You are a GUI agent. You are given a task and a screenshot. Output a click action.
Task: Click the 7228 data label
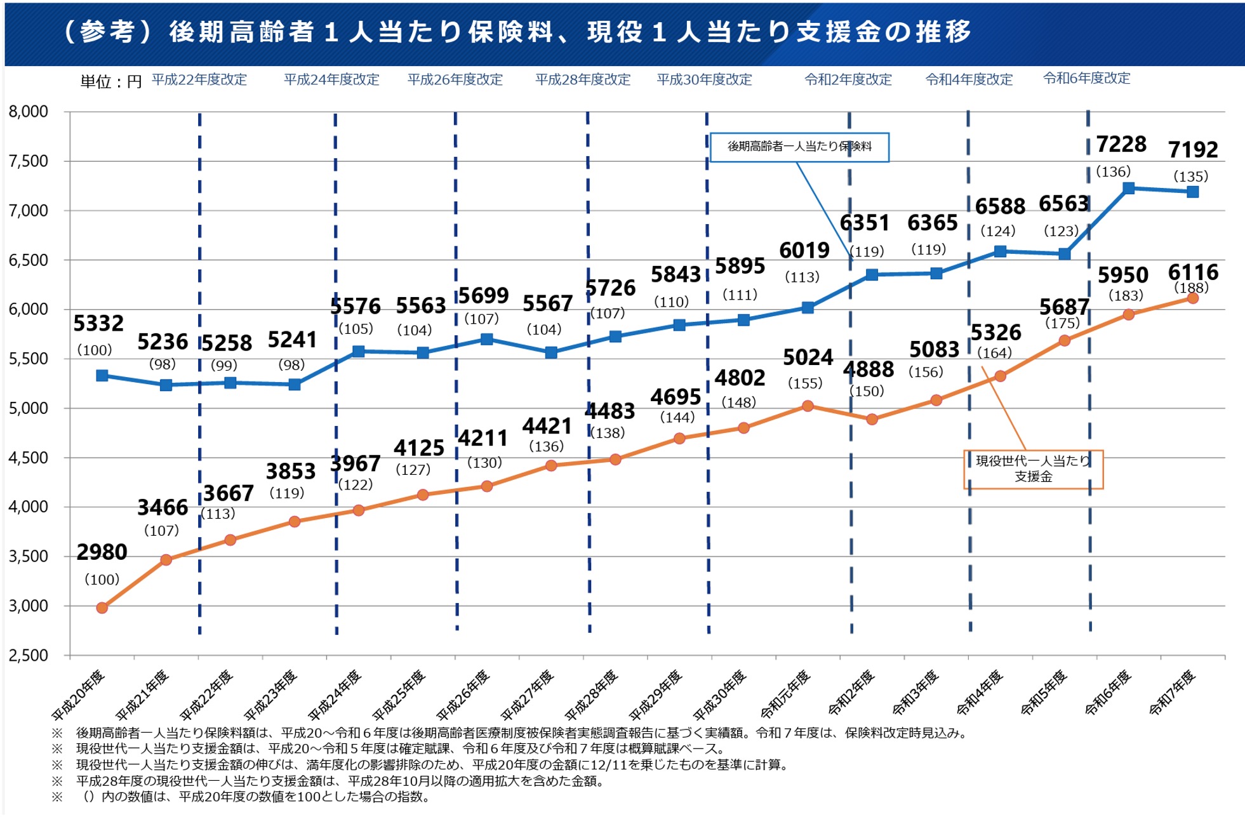(x=1121, y=145)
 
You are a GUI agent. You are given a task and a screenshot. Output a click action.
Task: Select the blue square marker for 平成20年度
(x=102, y=376)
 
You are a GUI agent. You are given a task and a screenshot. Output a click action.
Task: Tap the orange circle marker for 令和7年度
(x=1192, y=298)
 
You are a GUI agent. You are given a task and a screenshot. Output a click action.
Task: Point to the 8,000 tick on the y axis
(x=29, y=112)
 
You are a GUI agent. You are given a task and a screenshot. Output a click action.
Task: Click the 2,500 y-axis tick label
(x=29, y=655)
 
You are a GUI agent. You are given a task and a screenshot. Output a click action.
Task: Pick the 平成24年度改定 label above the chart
(x=331, y=80)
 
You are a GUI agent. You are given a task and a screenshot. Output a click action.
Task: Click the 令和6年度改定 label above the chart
(x=1087, y=79)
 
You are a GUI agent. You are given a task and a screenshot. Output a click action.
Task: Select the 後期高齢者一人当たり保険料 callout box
(x=799, y=147)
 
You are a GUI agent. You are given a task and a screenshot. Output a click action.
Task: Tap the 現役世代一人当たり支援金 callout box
(x=1033, y=469)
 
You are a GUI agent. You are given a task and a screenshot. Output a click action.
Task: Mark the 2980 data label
(x=102, y=552)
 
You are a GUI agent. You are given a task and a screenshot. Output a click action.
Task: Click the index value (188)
(x=1191, y=288)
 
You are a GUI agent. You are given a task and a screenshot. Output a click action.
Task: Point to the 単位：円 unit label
(x=111, y=82)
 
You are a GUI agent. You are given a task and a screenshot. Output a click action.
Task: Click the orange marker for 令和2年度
(x=872, y=420)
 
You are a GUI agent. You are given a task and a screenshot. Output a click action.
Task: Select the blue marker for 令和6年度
(x=1128, y=189)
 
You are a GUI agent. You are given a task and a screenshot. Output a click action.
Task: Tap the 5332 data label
(x=98, y=324)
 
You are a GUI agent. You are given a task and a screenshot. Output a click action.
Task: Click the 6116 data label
(x=1193, y=272)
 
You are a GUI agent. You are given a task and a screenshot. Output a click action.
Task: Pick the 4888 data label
(x=868, y=369)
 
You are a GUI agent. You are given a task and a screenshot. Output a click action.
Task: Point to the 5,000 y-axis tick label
(x=29, y=408)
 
